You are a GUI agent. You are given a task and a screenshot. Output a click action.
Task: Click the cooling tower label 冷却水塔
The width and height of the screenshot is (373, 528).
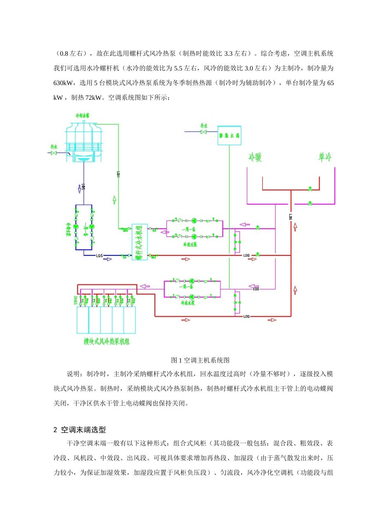coord(82,116)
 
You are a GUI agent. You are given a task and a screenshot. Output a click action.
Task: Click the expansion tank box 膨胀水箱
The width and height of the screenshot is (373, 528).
coord(229,136)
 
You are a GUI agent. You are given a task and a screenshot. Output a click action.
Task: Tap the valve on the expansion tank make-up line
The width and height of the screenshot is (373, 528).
coord(204,132)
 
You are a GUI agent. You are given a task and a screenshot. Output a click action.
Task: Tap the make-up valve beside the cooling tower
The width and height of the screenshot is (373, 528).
coord(54,153)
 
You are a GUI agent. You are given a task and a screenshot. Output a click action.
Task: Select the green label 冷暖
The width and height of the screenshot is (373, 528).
coord(255,158)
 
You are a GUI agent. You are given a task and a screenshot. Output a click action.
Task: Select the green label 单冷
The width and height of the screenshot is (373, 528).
coord(325,157)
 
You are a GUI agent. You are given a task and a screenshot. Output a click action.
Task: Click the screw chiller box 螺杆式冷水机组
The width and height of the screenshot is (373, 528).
coord(139,242)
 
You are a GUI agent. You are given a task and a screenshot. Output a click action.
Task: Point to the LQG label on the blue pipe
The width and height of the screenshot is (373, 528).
coord(99,256)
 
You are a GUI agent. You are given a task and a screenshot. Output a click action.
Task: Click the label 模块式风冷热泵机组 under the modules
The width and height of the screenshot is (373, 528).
coord(106,341)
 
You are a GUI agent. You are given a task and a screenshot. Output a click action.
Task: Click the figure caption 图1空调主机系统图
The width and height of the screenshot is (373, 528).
coord(200,360)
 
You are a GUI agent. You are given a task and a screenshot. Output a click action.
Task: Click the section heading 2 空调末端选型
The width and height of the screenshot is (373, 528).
coord(80,430)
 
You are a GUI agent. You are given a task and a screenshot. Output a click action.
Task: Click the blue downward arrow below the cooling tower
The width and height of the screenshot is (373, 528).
coord(80,189)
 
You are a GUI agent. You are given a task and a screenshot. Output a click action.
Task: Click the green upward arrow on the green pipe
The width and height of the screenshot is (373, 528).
coord(114,200)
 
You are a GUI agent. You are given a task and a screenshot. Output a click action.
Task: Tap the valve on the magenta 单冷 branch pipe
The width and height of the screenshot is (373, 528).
coord(310,203)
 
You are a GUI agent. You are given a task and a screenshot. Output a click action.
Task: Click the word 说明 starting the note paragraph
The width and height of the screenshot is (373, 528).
coord(73,374)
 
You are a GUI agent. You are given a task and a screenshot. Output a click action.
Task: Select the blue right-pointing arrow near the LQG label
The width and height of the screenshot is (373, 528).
coord(108,259)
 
